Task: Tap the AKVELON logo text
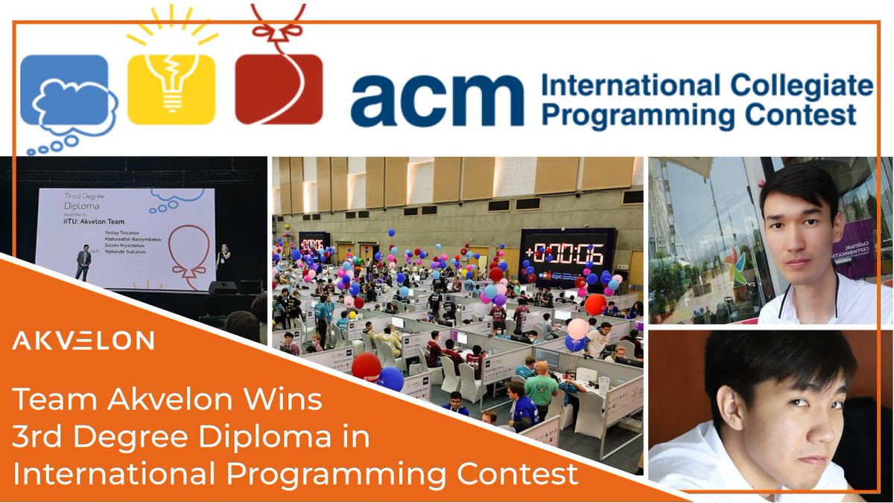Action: (x=83, y=342)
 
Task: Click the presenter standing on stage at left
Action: (x=84, y=264)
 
